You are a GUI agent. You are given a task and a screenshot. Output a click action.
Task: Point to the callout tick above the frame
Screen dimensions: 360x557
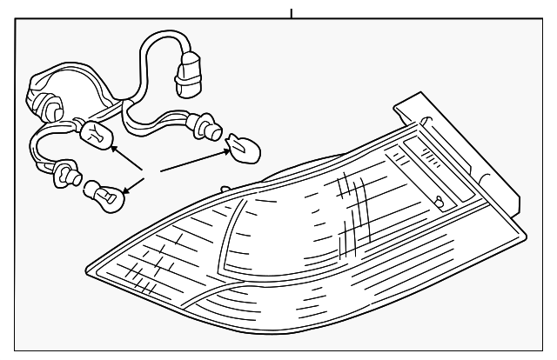(291, 14)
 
